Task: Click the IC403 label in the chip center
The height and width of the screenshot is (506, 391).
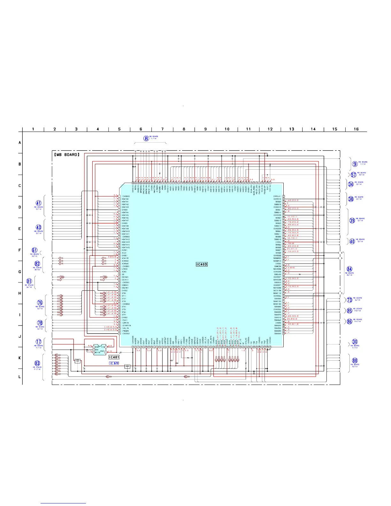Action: coord(202,264)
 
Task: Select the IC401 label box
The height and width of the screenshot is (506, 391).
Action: coord(114,357)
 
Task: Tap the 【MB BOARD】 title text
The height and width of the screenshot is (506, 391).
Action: coord(66,155)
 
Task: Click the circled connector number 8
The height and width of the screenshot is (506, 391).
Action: coord(146,138)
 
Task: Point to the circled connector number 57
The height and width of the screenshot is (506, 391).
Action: coord(354,175)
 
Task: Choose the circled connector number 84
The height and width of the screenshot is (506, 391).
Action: coord(350,269)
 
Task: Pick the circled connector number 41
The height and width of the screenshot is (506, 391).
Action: coord(39,203)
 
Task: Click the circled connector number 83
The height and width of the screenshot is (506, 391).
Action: coord(37,363)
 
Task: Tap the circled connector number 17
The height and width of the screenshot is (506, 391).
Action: coord(39,342)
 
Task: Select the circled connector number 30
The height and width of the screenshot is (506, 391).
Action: coord(355,342)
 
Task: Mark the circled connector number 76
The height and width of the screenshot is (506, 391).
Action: coord(40,303)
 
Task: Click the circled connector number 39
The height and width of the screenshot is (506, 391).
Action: coord(352,220)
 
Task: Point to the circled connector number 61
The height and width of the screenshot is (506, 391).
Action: coord(34,250)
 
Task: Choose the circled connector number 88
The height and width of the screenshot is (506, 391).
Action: coord(355,361)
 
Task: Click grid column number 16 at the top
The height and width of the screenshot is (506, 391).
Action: coord(356,129)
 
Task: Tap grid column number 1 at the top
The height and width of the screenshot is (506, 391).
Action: coord(33,129)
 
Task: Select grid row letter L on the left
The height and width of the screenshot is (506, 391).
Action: coord(20,377)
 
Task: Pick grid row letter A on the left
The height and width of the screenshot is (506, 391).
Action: coord(20,142)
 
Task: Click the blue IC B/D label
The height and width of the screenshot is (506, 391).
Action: coord(114,363)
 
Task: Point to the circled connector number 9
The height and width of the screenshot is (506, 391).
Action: coord(355,164)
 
